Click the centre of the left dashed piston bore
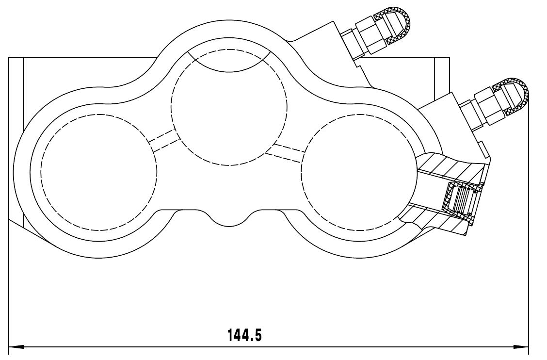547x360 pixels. (x=99, y=172)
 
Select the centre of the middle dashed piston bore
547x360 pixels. (x=229, y=107)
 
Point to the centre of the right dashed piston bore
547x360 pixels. (x=359, y=173)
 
